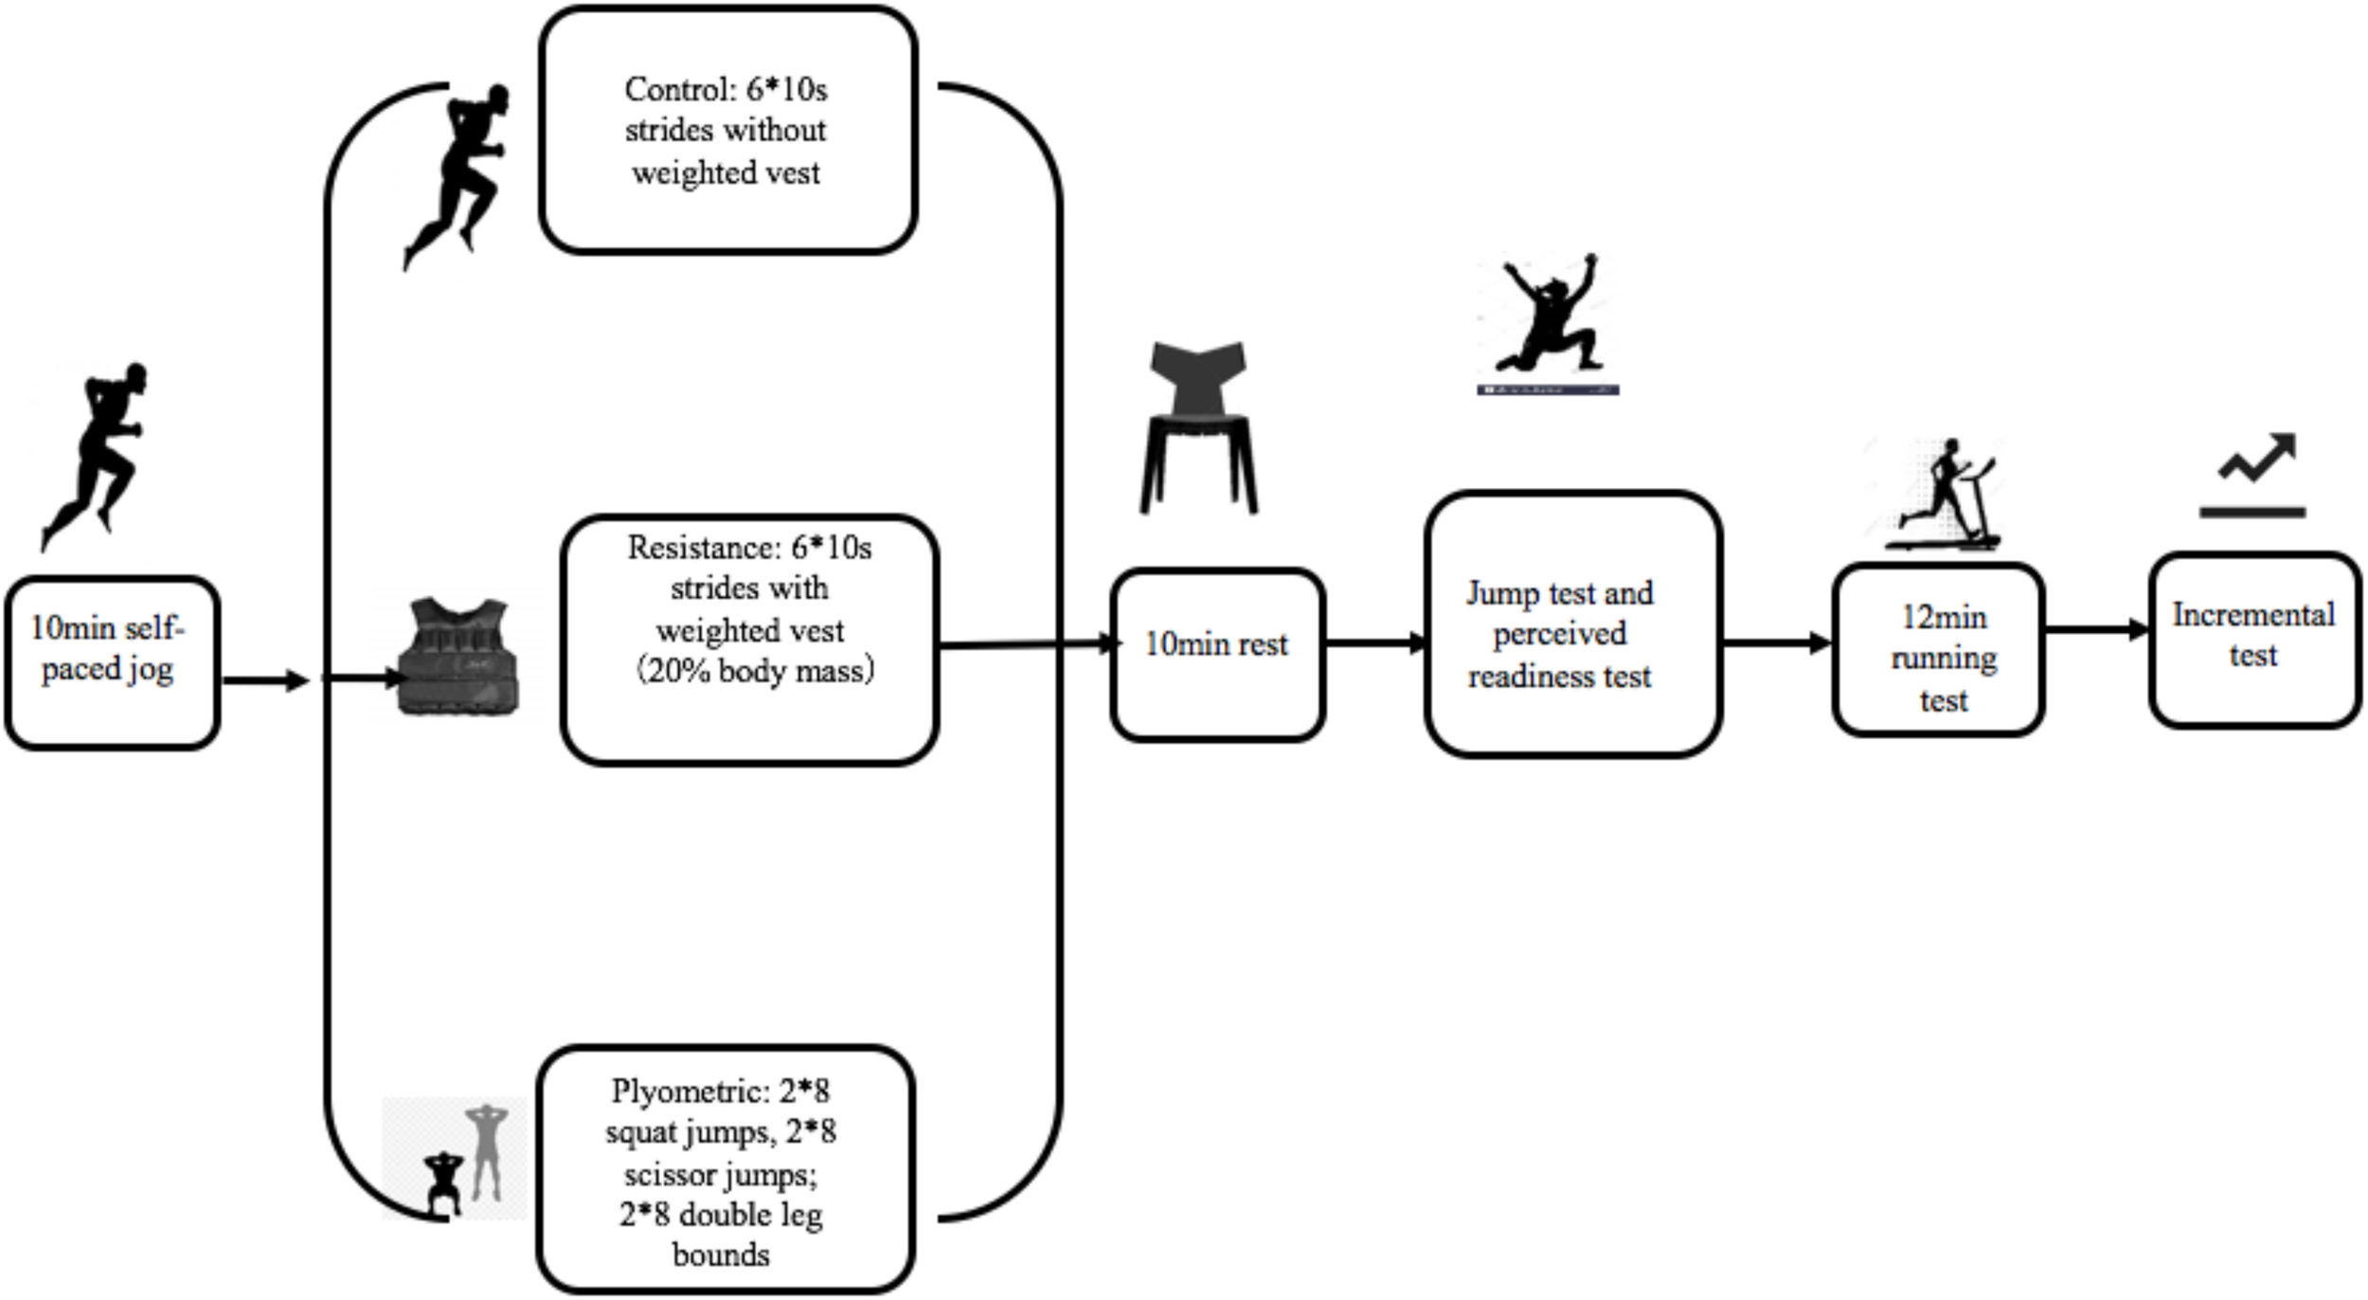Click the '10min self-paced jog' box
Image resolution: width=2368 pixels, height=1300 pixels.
pos(112,663)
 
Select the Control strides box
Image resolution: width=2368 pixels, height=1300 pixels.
pos(727,131)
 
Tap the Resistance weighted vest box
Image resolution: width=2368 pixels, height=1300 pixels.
pos(749,640)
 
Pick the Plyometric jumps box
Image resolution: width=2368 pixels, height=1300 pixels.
pos(726,1171)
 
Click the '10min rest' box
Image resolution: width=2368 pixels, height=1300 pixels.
pos(1217,655)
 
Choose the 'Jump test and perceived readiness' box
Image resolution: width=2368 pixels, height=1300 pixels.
pos(1572,624)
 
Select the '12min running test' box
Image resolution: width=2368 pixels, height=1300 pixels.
pos(1938,650)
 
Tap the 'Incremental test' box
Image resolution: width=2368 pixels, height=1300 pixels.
pos(2254,641)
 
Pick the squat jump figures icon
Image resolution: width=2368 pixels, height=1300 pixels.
pos(464,1161)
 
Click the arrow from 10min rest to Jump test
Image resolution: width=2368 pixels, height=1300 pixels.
pos(1373,644)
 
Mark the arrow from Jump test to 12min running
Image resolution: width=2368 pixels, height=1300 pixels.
pos(1776,643)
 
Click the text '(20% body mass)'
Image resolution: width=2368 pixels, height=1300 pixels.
pos(753,671)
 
